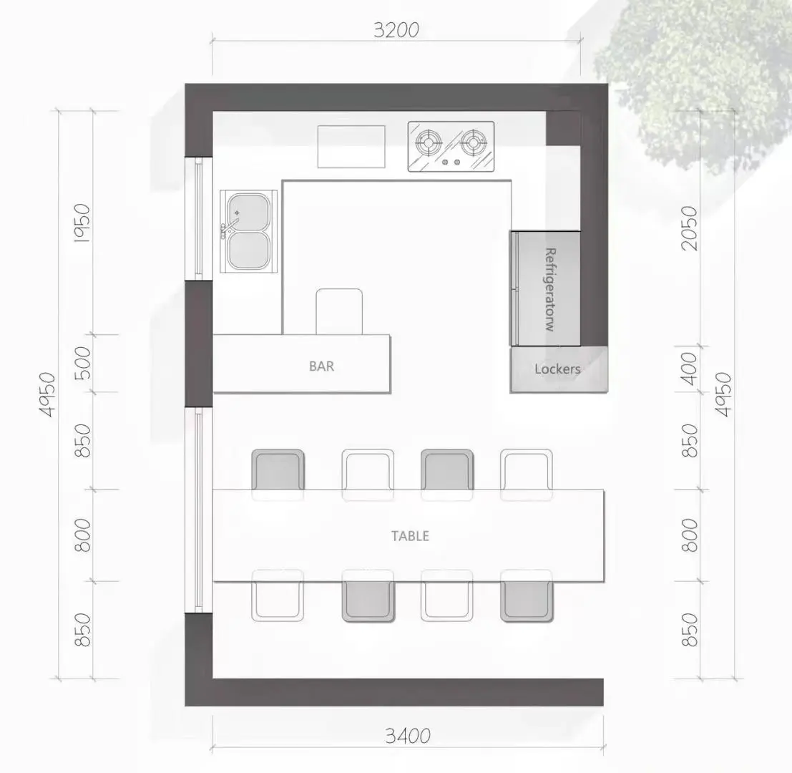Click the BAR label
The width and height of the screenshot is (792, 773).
point(321,366)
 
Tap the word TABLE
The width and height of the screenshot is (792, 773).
point(410,535)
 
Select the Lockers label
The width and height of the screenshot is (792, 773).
point(557,369)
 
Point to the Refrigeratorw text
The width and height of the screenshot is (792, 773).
point(551,289)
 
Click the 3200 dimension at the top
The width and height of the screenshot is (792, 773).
point(396,30)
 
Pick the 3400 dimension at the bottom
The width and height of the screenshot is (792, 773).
point(408,736)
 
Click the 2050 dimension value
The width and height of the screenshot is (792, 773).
point(689,228)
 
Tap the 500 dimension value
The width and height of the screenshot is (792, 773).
point(82,363)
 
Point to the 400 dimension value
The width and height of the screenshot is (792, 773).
point(689,369)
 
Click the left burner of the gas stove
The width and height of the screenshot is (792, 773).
point(429,142)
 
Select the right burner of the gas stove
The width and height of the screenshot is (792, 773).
point(474,142)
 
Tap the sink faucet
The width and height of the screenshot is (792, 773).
point(229,224)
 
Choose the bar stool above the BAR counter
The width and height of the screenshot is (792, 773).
point(339,311)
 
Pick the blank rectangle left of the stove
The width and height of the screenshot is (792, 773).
point(351,147)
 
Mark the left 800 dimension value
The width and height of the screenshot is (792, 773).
point(82,535)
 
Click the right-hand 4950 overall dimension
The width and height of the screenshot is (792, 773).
point(723,394)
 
